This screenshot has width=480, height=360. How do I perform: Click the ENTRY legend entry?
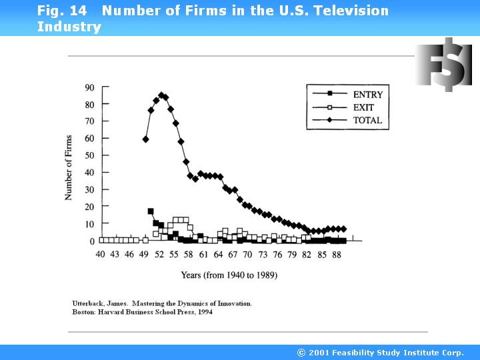(367, 94)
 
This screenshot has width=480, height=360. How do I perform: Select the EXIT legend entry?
(363, 107)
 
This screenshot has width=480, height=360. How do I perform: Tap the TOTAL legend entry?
(367, 121)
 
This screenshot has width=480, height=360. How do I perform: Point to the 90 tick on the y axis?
(89, 87)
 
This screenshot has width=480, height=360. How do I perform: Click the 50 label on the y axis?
(89, 155)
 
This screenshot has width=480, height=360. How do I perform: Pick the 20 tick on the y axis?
(89, 207)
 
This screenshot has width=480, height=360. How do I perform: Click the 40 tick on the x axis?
(101, 255)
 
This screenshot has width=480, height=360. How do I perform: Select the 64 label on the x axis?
(218, 255)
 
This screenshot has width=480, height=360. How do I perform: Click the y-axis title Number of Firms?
(69, 167)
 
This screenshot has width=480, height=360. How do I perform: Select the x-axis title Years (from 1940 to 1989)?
(229, 275)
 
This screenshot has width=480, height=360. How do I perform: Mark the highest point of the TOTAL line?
(161, 95)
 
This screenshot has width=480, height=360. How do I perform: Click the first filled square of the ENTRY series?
(151, 211)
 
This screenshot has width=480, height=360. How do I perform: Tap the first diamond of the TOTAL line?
(145, 139)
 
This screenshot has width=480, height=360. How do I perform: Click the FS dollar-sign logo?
(443, 65)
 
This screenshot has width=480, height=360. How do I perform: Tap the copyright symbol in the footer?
(301, 353)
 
